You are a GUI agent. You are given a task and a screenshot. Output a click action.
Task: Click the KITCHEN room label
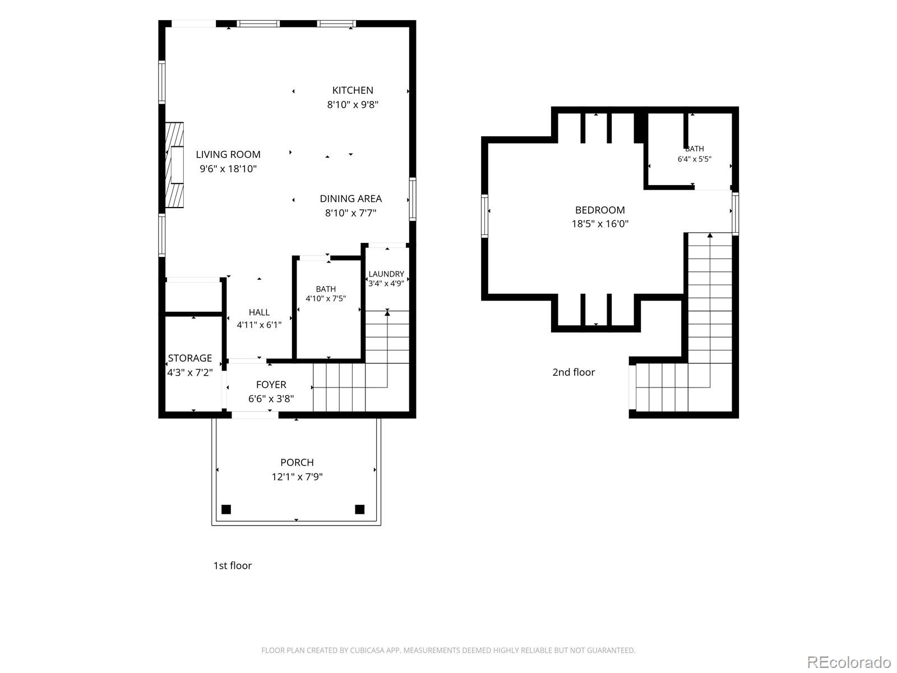[352, 90]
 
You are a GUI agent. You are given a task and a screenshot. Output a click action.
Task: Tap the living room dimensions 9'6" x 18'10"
[228, 169]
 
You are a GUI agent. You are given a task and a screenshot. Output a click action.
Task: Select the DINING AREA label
[350, 199]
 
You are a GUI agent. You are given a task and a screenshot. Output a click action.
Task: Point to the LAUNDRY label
[386, 274]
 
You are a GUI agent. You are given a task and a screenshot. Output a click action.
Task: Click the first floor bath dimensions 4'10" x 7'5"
[326, 298]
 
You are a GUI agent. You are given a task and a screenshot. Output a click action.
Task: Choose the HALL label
[259, 312]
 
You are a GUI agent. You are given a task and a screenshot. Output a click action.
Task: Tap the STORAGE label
[190, 358]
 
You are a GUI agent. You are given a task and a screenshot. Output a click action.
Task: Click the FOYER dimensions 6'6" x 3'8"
[271, 398]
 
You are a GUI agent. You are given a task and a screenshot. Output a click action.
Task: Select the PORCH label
[297, 462]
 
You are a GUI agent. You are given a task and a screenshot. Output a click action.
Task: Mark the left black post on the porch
[226, 509]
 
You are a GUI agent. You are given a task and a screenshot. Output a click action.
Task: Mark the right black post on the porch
[359, 509]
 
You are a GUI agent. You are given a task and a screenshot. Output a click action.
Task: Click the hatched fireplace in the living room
[174, 165]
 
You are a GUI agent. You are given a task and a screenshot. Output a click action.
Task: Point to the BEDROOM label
[600, 210]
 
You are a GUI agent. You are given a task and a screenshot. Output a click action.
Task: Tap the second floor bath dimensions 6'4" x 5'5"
[694, 159]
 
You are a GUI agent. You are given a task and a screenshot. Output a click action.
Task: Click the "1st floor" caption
[233, 565]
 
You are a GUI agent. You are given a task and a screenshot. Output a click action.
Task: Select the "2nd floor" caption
[574, 372]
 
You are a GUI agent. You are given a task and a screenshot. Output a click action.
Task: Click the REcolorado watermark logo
[849, 661]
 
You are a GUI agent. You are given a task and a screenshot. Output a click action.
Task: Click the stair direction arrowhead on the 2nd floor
[710, 235]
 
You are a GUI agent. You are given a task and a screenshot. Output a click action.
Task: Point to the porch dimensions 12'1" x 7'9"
[297, 477]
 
